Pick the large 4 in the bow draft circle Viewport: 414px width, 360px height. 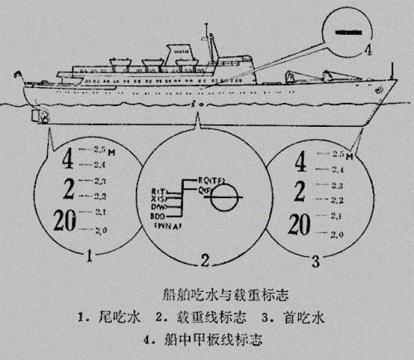[x=300, y=163]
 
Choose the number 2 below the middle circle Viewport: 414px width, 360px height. [x=204, y=261]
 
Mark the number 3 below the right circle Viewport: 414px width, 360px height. [x=315, y=261]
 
